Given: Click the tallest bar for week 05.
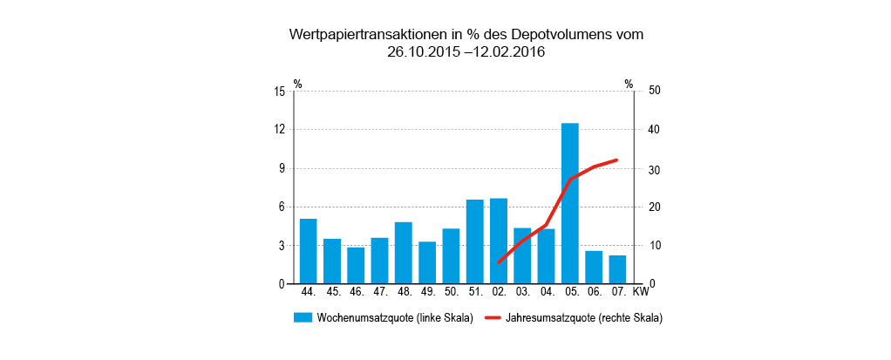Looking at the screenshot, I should click(x=569, y=203).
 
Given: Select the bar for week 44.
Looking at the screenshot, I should click(x=308, y=251).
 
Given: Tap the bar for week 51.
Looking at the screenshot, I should click(x=474, y=241).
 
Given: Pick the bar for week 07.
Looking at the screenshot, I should click(x=617, y=269).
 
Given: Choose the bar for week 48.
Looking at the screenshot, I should click(x=403, y=253).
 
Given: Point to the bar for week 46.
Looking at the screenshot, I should click(x=356, y=265).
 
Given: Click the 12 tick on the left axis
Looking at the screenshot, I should click(x=280, y=130).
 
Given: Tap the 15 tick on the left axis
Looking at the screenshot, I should click(x=280, y=91).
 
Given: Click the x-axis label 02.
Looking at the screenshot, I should click(x=499, y=291).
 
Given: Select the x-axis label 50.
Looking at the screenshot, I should click(x=451, y=291).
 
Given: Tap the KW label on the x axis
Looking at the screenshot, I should click(x=641, y=291).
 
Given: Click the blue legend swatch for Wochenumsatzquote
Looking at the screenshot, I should click(x=302, y=318).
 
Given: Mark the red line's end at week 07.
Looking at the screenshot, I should click(x=616, y=160).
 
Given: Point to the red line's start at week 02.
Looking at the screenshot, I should click(x=499, y=262).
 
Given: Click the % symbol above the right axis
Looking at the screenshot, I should click(x=629, y=85).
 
